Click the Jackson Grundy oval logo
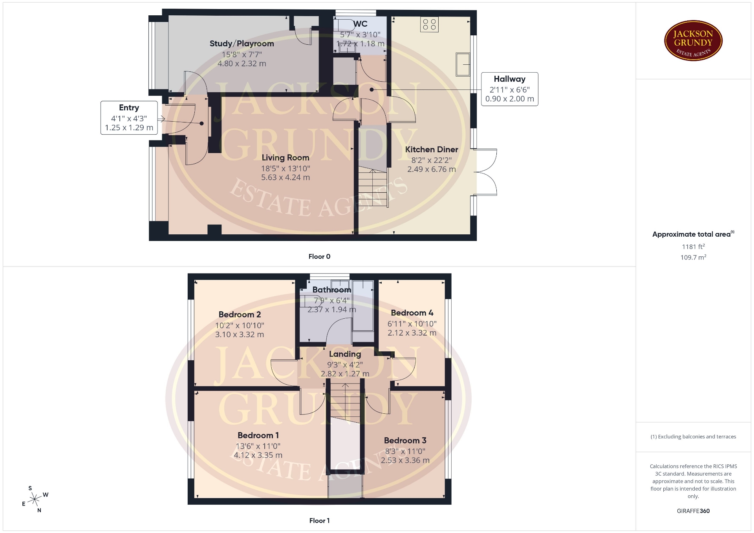point(693,41)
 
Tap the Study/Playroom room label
point(242,44)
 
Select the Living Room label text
point(285,158)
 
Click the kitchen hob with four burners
point(429,24)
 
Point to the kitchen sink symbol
point(463,64)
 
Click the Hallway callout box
point(510,89)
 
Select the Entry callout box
point(129,118)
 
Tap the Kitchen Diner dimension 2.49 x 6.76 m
point(432,169)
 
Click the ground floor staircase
point(373,187)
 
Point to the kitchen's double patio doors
point(486,172)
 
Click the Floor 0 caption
point(319,256)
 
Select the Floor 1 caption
point(319,520)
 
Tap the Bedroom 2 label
point(240,314)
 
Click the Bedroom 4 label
point(412,313)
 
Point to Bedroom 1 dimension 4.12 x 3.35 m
point(258,455)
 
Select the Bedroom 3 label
point(405,440)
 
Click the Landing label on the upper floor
point(345,354)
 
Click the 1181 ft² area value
point(693,246)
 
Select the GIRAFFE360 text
point(693,511)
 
